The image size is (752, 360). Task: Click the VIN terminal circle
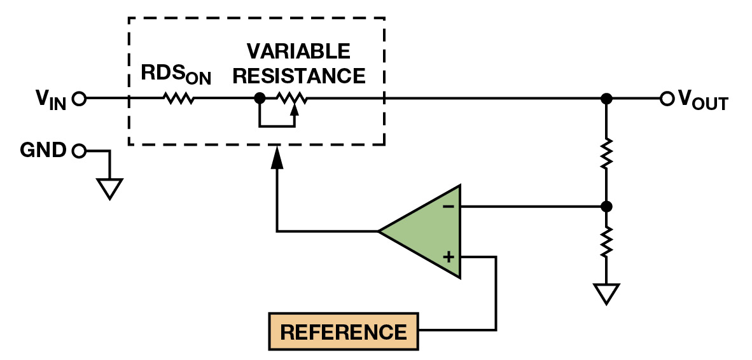tap(79, 99)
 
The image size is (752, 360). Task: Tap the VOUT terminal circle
tap(666, 99)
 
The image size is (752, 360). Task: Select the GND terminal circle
tap(79, 151)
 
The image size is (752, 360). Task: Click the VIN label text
tap(50, 100)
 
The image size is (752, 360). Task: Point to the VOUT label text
tap(703, 100)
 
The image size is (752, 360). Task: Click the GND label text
tap(43, 151)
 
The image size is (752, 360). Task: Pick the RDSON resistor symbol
tap(179, 99)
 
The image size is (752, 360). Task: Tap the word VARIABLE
tap(298, 51)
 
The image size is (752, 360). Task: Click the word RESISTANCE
tap(298, 76)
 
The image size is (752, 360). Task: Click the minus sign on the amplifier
tap(448, 206)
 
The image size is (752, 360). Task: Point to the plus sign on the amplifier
tap(449, 257)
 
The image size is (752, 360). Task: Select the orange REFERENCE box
tap(344, 331)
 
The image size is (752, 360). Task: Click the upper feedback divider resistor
tap(607, 153)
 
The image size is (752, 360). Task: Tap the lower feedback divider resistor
tap(607, 242)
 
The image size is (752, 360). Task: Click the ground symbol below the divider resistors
tap(607, 293)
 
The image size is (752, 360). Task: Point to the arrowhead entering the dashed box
tap(277, 159)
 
